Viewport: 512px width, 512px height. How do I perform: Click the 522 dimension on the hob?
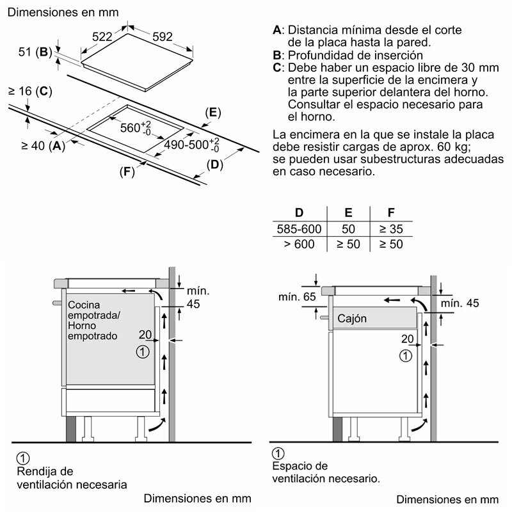tap(102, 37)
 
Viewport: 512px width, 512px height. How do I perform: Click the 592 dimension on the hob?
tap(162, 37)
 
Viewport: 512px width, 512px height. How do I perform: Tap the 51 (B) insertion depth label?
tap(35, 52)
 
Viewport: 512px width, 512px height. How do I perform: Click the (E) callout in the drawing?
tap(212, 113)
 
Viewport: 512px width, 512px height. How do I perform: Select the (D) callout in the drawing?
tap(214, 165)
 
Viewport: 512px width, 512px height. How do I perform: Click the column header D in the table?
tap(298, 213)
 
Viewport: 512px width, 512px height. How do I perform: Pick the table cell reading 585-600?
tap(299, 228)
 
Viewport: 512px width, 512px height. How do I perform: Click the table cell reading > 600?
tap(299, 244)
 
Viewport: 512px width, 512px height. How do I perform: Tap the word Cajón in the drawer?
tap(351, 317)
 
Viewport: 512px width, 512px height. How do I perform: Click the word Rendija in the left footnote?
tap(38, 471)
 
